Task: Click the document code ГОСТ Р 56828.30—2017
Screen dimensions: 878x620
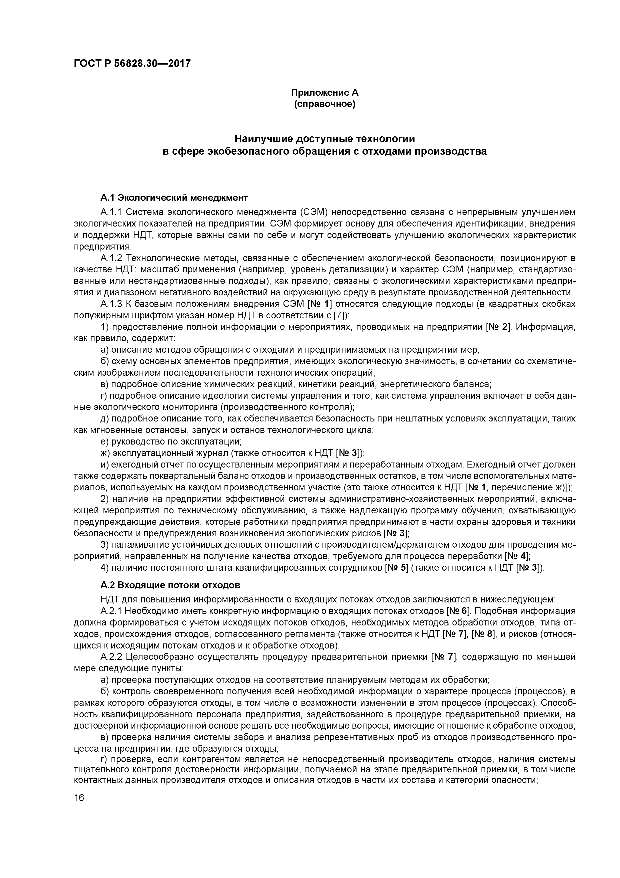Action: click(x=132, y=64)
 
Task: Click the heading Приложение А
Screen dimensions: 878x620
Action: click(x=325, y=93)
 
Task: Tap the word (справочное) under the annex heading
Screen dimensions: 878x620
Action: click(x=325, y=104)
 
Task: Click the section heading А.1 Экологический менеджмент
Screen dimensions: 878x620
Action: click(x=174, y=198)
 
